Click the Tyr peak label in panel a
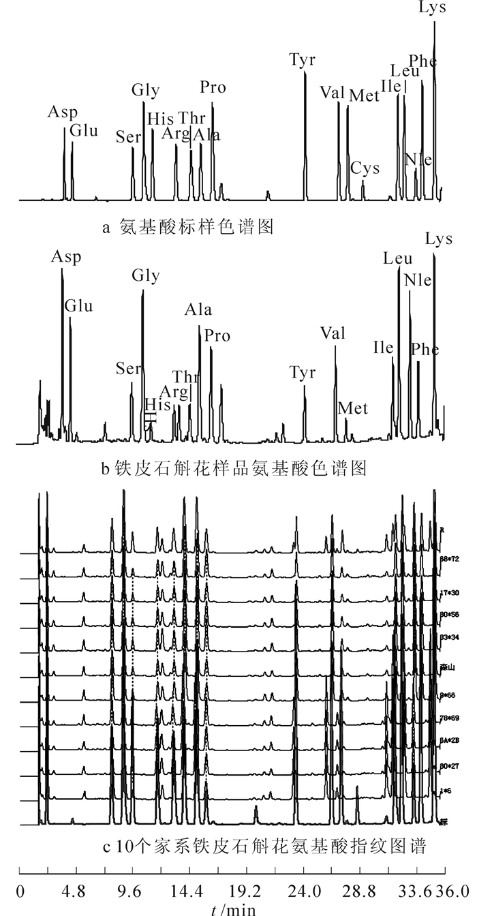[x=302, y=60]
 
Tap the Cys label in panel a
[x=365, y=168]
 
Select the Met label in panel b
[x=353, y=408]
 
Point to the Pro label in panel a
[x=213, y=88]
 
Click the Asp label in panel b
[x=65, y=257]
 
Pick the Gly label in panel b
[x=146, y=275]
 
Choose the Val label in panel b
[x=333, y=333]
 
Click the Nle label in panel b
[x=417, y=280]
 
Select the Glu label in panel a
[x=84, y=129]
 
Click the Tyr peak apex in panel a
[x=305, y=72]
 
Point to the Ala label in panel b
[x=198, y=311]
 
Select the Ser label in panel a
[x=128, y=136]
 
